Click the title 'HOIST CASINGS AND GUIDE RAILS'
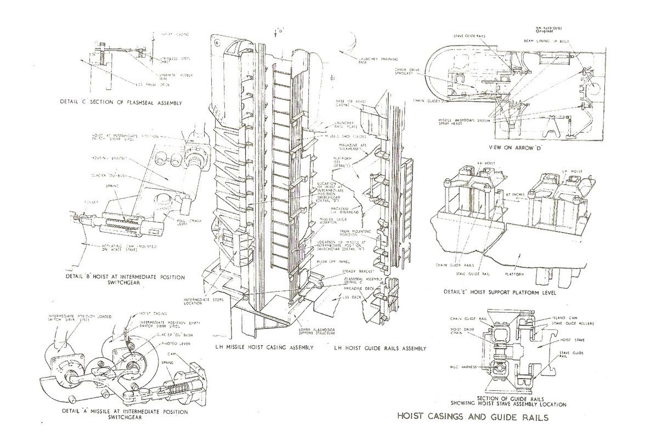coord(473,417)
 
